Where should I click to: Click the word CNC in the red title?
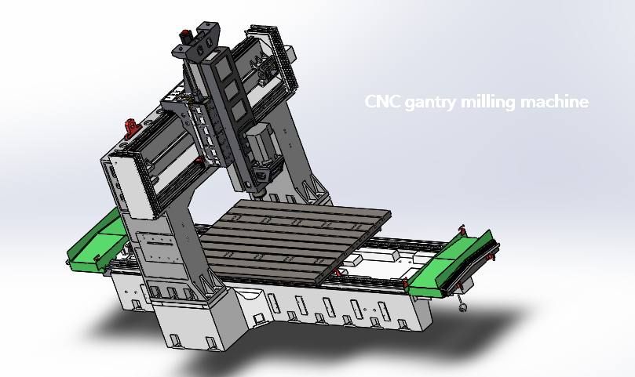pyautogui.click(x=383, y=102)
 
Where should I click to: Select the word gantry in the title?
pyautogui.click(x=431, y=103)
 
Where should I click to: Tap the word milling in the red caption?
pyautogui.click(x=490, y=102)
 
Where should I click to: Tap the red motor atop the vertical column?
pyautogui.click(x=186, y=35)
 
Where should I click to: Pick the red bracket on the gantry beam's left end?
pyautogui.click(x=130, y=125)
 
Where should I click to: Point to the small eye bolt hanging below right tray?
pyautogui.click(x=463, y=305)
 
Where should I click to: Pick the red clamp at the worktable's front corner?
pyautogui.click(x=338, y=272)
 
